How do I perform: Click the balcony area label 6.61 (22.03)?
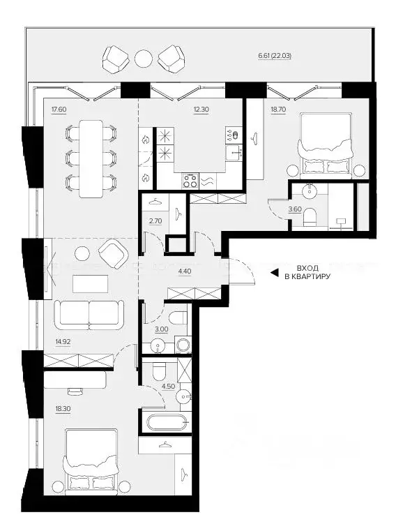tap(275, 56)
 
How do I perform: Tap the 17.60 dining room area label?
tap(59, 110)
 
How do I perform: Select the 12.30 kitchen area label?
tap(201, 110)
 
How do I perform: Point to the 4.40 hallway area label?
tap(184, 271)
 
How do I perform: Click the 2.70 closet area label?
tap(155, 221)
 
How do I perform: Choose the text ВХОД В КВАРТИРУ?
tap(307, 273)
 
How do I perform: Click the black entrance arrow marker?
tap(274, 273)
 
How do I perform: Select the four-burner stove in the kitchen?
tap(190, 181)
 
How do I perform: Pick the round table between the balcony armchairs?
tap(144, 59)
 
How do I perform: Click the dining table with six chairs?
tap(91, 158)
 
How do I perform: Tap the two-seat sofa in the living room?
tap(89, 315)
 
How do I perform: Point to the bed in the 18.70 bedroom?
tap(325, 145)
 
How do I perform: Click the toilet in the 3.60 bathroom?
tap(310, 217)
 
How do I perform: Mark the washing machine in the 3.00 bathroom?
tap(183, 345)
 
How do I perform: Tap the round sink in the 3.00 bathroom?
tap(158, 346)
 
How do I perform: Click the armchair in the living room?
tap(114, 253)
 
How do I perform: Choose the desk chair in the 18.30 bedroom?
tap(75, 391)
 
